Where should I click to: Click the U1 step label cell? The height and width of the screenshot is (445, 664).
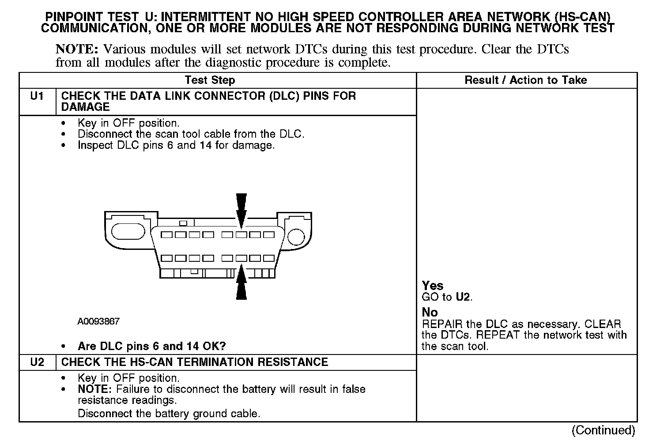(37, 96)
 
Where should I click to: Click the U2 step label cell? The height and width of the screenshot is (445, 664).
(37, 362)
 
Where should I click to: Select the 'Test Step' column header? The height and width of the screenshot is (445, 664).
(210, 80)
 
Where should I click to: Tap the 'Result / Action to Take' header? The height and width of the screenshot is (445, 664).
(525, 80)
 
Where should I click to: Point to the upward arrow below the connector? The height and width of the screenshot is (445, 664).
(241, 283)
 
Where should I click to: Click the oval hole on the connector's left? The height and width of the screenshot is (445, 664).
(128, 231)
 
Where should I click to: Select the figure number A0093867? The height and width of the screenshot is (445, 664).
(98, 322)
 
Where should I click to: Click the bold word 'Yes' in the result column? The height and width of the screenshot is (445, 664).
(432, 286)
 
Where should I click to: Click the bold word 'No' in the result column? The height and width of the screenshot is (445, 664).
(430, 312)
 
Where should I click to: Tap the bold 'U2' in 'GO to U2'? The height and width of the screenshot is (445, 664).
(463, 297)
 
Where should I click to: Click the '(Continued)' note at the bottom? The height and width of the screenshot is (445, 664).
(603, 430)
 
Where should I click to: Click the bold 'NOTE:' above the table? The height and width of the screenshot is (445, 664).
(76, 49)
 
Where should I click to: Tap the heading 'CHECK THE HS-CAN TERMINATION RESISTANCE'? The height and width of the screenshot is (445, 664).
(194, 362)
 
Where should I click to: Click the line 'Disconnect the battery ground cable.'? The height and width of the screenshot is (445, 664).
(169, 414)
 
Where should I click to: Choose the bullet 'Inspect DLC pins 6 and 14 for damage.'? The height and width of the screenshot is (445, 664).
(176, 145)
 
